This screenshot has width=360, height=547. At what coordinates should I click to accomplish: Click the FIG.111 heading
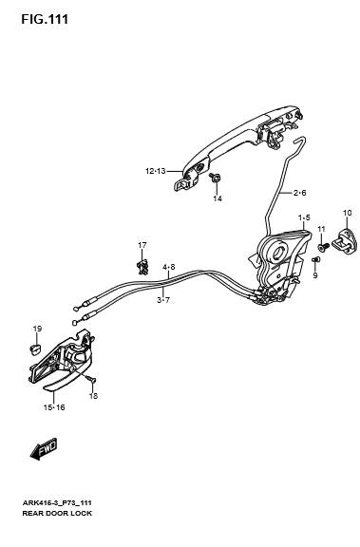coord(45,19)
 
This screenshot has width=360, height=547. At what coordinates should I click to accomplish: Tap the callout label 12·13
coord(155,171)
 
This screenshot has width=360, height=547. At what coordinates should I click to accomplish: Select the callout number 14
coord(218,198)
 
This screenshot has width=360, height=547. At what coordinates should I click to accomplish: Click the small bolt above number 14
coord(215,178)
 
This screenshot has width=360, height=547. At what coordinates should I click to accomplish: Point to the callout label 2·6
coord(299,193)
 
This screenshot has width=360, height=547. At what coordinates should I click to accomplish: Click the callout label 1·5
coord(304,218)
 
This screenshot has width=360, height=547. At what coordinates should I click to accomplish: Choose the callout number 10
coord(348,213)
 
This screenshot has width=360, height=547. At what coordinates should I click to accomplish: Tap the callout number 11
coord(321,229)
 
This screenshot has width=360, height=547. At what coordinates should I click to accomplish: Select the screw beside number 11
coord(323,247)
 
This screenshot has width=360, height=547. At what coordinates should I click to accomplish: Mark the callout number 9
coord(315,275)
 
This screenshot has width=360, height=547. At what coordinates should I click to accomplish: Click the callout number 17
coord(142,245)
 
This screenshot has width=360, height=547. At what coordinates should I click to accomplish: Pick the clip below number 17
coord(142,266)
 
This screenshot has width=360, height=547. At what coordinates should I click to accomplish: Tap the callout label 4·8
coord(168,267)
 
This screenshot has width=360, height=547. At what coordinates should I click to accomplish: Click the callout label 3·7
coord(163,300)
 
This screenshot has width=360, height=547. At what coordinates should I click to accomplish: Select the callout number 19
coord(37,329)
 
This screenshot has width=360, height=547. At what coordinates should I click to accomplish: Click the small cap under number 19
coord(34,349)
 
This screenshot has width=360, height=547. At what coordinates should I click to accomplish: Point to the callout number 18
coord(93,396)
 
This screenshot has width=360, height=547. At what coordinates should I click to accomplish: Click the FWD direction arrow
coord(44,448)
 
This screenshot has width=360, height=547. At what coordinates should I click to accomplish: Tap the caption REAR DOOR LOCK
coord(57,513)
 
